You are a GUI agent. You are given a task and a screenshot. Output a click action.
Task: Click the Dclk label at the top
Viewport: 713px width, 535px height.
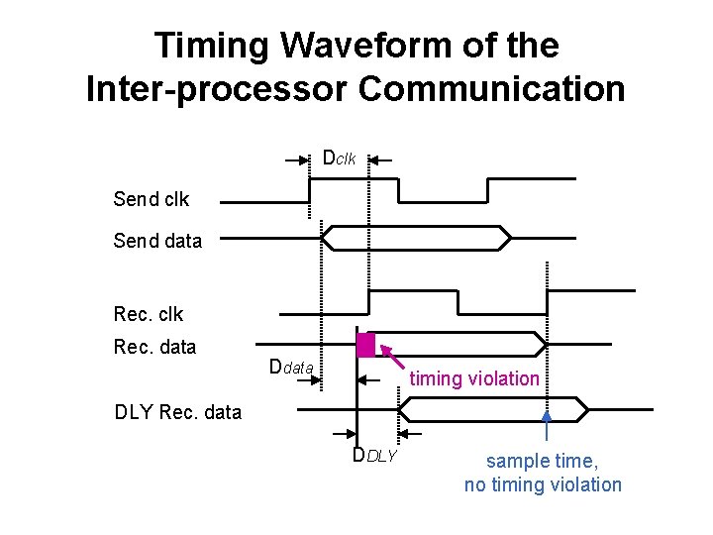[339, 159]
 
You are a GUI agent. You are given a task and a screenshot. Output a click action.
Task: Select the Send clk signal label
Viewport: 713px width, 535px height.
[152, 199]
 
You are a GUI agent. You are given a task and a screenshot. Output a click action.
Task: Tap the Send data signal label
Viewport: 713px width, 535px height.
[157, 241]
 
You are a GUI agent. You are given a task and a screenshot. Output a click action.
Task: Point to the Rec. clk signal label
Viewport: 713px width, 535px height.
[149, 314]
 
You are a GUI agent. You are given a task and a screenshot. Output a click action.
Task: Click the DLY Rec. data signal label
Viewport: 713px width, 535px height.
[178, 412]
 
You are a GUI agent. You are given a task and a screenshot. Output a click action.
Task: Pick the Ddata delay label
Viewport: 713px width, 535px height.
[291, 369]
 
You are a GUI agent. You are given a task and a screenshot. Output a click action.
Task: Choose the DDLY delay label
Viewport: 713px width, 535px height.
[374, 456]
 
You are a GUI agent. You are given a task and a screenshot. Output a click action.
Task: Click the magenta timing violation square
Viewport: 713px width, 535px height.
[366, 344]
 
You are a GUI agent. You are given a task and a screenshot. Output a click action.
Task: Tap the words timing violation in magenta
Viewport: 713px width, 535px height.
[474, 378]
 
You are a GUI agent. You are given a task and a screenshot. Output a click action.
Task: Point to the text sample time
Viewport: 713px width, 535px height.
[543, 461]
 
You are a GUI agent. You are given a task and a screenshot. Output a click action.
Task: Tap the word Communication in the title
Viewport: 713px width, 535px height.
[492, 88]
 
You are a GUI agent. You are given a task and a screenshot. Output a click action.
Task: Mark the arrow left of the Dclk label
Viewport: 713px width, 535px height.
[296, 159]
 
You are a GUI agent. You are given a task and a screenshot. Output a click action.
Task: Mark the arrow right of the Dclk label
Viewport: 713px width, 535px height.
[381, 159]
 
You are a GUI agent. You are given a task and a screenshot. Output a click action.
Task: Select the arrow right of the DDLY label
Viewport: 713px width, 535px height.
[411, 433]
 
